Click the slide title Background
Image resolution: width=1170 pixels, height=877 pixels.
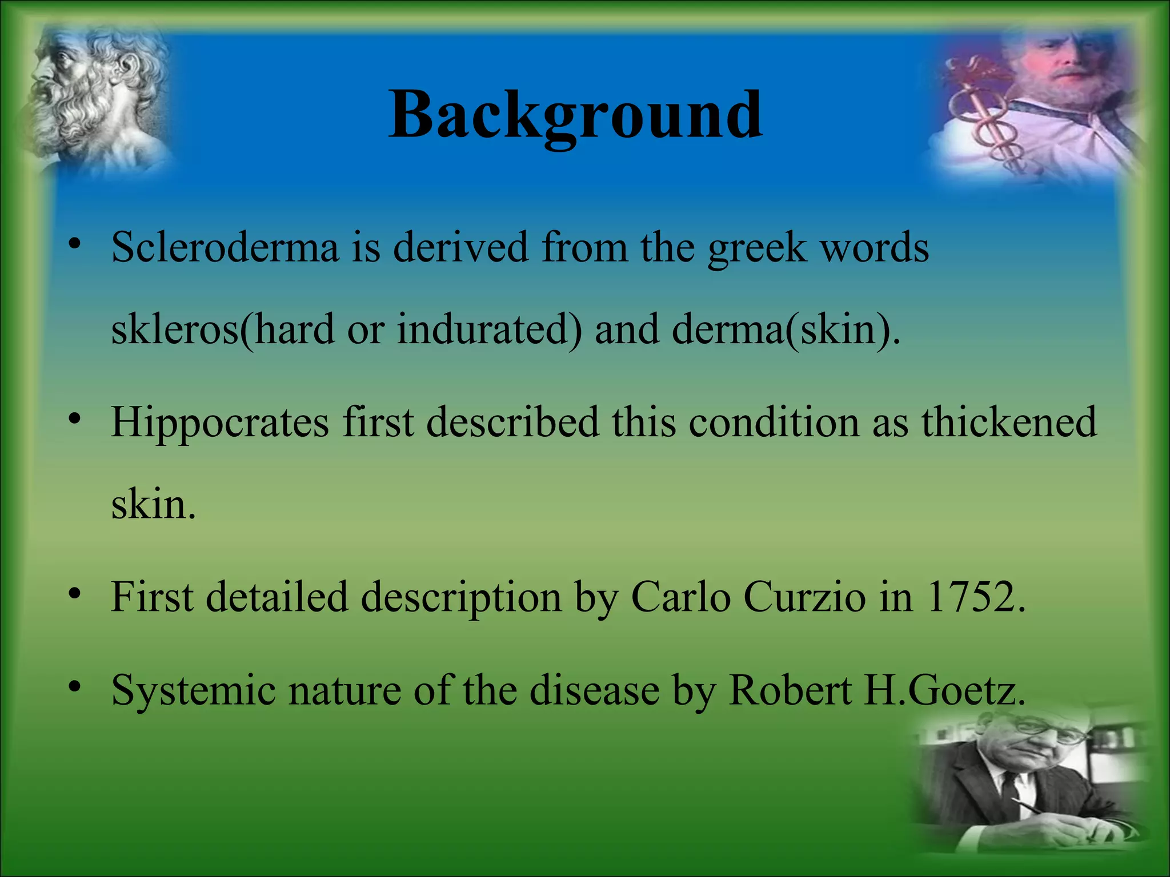coord(575,115)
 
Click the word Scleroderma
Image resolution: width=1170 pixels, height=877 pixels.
coord(225,248)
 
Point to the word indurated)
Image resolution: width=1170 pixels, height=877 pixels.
coord(490,330)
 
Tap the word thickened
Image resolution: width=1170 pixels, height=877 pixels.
coord(1009,423)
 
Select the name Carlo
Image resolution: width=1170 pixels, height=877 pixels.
coord(680,597)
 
